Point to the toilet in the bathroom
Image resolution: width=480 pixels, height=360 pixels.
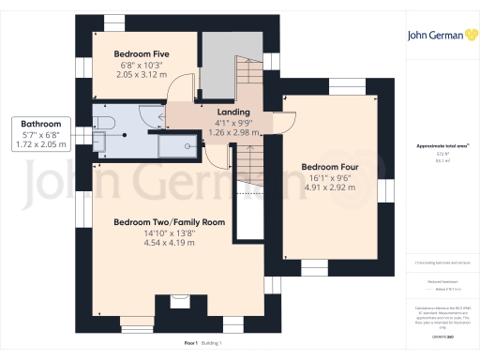tap(104, 122)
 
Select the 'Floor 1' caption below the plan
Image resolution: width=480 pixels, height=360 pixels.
tap(190, 344)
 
